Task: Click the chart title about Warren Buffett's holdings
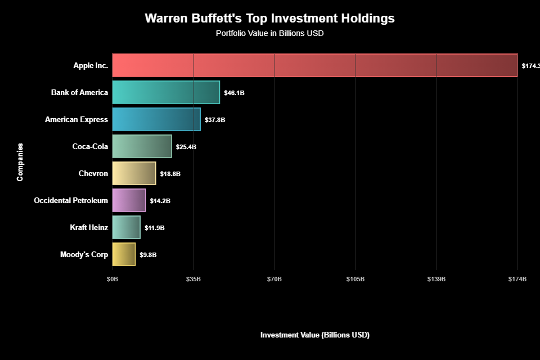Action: pyautogui.click(x=269, y=19)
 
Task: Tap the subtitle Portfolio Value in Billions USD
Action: pyautogui.click(x=269, y=33)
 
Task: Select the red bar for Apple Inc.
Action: pyautogui.click(x=314, y=65)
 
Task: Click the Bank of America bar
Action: pyautogui.click(x=166, y=92)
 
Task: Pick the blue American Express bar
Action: pyautogui.click(x=156, y=119)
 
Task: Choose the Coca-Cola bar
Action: pyautogui.click(x=142, y=146)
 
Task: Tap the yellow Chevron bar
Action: pyautogui.click(x=134, y=173)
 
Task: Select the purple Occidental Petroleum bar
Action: pyautogui.click(x=129, y=200)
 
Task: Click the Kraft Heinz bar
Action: pyautogui.click(x=126, y=227)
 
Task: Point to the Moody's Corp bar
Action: pyautogui.click(x=124, y=254)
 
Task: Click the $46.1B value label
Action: pyautogui.click(x=234, y=93)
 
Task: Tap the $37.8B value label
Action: pyautogui.click(x=215, y=120)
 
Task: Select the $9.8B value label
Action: pyautogui.click(x=148, y=255)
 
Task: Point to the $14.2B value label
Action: pyautogui.click(x=160, y=201)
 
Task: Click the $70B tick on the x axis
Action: pyautogui.click(x=274, y=280)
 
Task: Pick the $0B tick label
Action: pyautogui.click(x=112, y=280)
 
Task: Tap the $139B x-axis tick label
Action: pyautogui.click(x=436, y=280)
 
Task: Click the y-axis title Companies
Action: pyautogui.click(x=20, y=162)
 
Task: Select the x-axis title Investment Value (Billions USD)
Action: pyautogui.click(x=314, y=335)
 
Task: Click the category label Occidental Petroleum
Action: pyautogui.click(x=71, y=200)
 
